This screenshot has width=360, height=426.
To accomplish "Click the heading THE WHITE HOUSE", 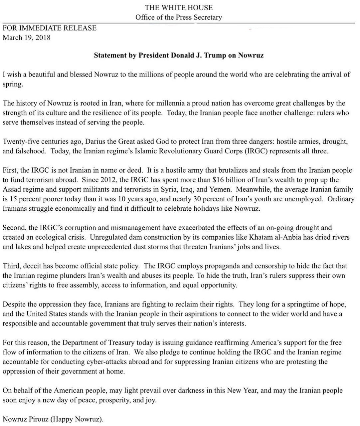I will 178,7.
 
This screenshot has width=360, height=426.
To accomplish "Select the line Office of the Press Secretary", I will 178,17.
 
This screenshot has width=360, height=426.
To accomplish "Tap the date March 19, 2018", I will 27,37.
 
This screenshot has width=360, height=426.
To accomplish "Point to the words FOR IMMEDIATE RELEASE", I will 50,28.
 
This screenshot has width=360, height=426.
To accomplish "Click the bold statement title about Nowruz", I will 179,55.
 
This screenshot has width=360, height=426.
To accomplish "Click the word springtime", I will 296,304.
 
